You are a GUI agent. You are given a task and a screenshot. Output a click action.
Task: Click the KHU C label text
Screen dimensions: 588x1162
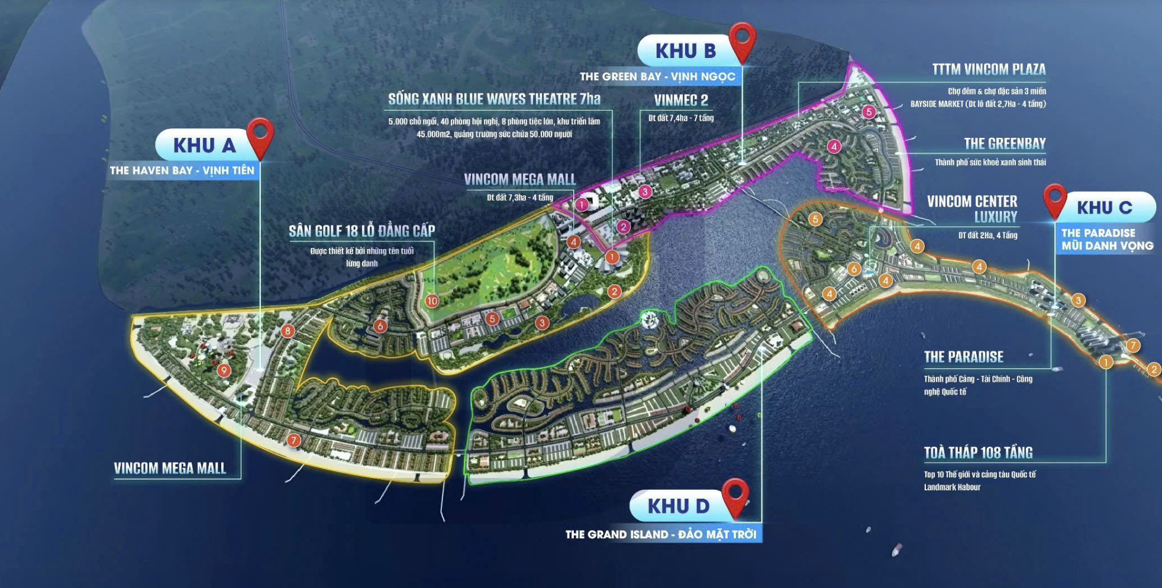pos(1104,208)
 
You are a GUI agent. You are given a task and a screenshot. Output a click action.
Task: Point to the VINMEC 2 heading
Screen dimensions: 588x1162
pos(680,100)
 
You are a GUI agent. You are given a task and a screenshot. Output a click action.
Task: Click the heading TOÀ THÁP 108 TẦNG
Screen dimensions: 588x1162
pos(978,453)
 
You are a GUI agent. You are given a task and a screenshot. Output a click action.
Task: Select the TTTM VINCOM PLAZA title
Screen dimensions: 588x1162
pos(989,69)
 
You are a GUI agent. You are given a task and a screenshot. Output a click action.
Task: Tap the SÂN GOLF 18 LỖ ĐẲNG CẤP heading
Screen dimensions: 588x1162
pos(361,231)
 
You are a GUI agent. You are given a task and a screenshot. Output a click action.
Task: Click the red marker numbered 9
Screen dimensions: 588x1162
pos(224,371)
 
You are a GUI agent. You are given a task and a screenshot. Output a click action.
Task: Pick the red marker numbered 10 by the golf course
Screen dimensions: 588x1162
pos(432,301)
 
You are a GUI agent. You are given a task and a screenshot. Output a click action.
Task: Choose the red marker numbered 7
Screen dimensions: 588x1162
pos(293,441)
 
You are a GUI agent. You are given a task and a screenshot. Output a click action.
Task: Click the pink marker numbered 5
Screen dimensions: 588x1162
pos(869,112)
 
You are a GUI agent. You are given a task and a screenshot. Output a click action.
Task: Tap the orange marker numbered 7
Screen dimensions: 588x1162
pos(1132,345)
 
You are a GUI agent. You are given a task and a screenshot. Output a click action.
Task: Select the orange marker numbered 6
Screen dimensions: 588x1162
pos(853,269)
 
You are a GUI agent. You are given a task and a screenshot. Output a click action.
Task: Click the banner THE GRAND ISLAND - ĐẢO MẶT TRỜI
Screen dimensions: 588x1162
pos(660,535)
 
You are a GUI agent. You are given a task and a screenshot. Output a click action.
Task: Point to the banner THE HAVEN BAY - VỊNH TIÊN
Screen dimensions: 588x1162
pos(182,171)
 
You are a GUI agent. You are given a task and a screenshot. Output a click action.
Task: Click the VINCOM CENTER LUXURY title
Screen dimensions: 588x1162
pos(973,209)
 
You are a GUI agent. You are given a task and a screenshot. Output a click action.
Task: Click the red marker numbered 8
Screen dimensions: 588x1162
pos(288,331)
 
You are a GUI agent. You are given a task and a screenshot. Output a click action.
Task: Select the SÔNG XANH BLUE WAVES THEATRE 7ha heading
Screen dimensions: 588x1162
pos(494,99)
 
